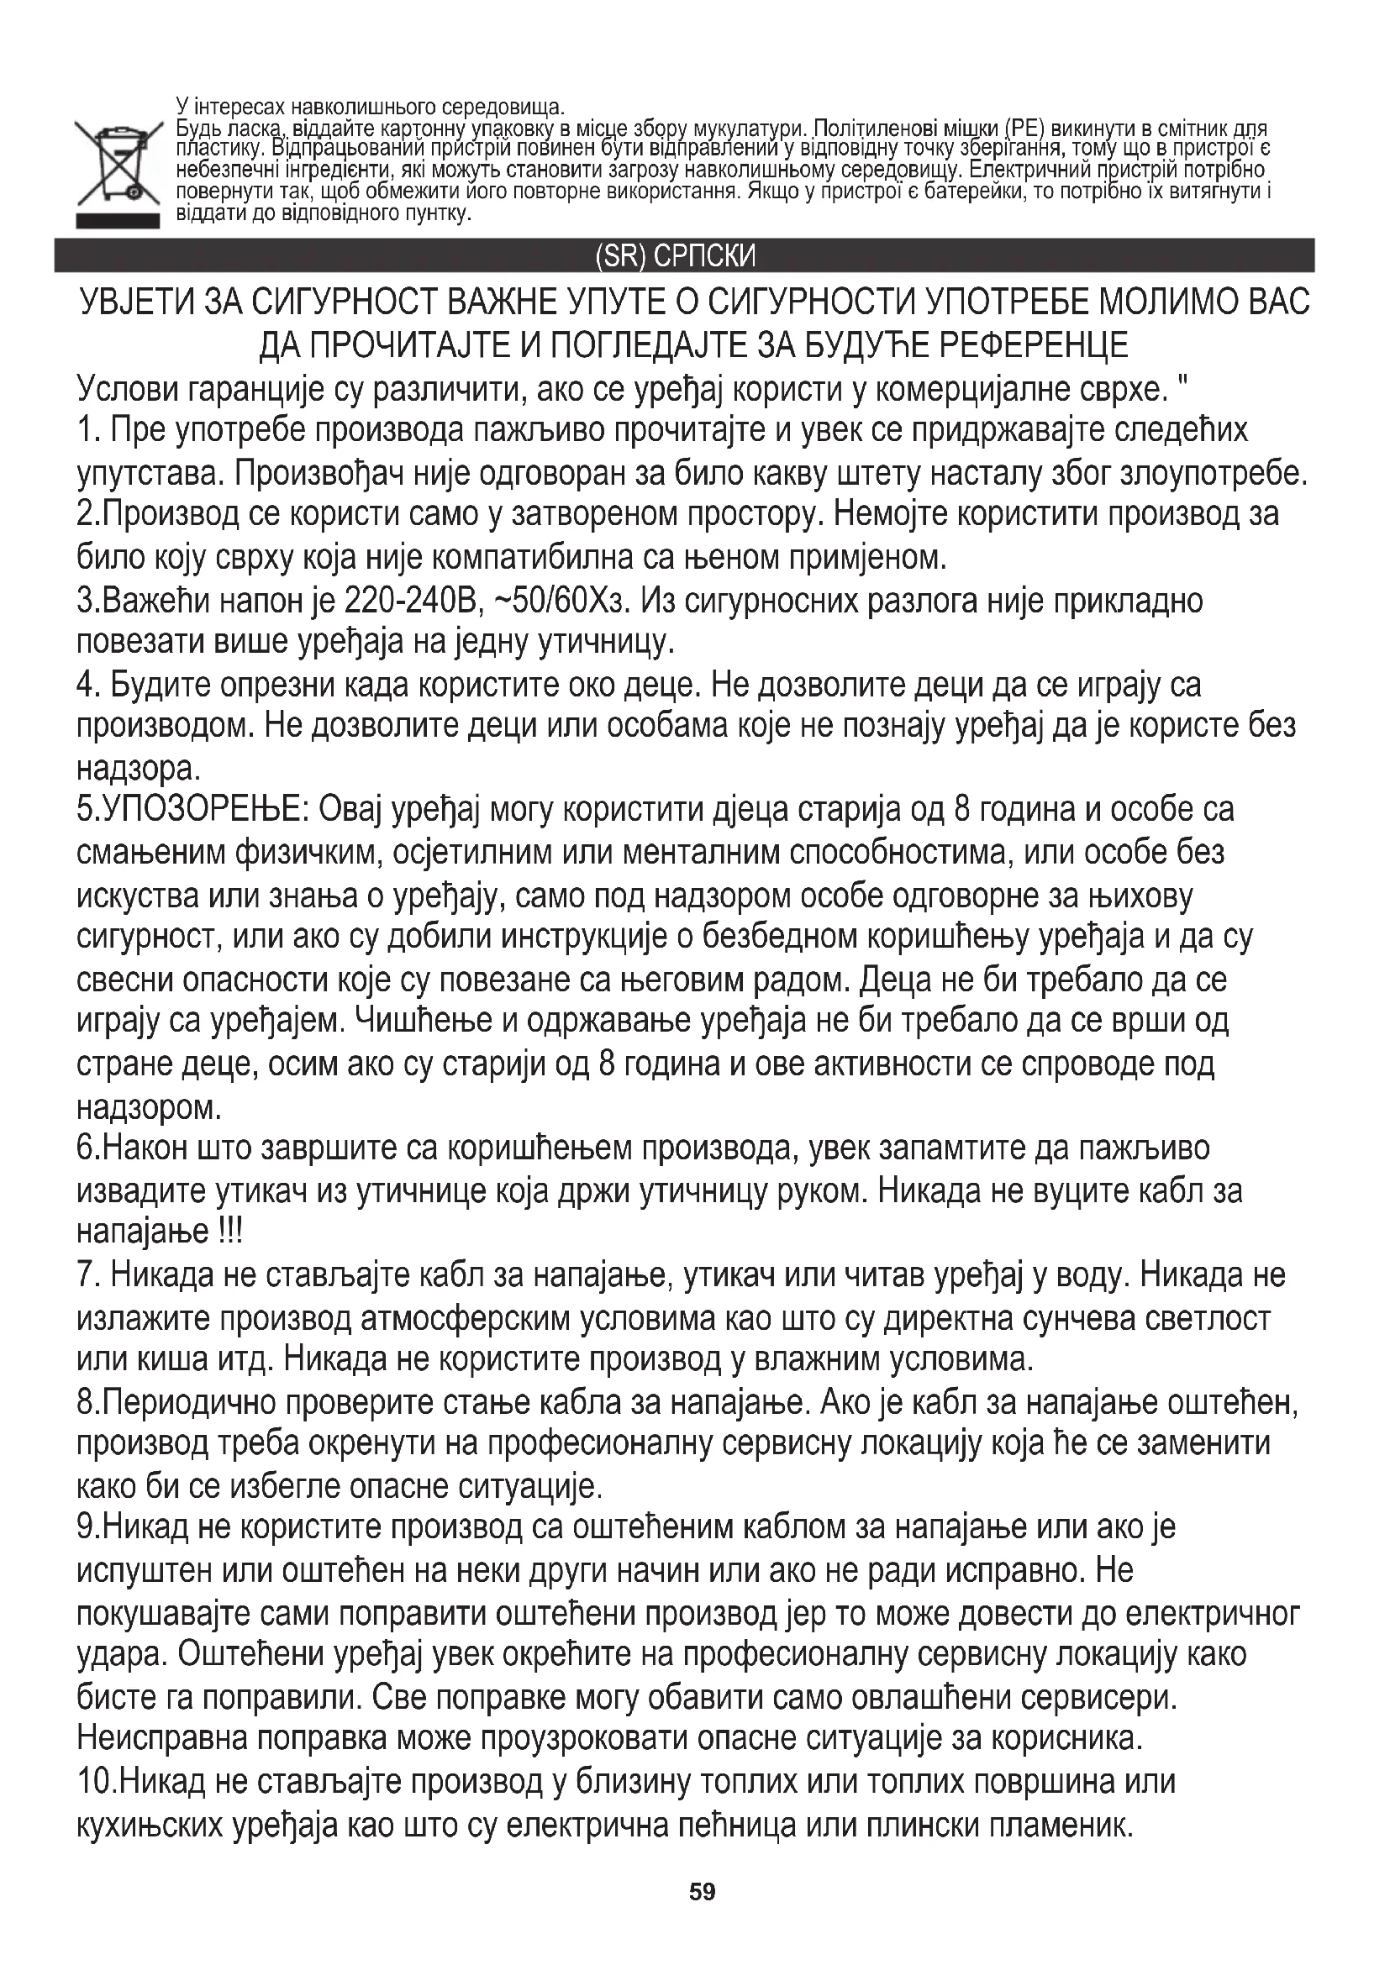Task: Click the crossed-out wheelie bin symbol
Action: (118, 164)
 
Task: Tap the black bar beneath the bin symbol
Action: (118, 221)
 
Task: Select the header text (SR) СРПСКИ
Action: (676, 256)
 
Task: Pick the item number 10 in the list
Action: (94, 1782)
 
